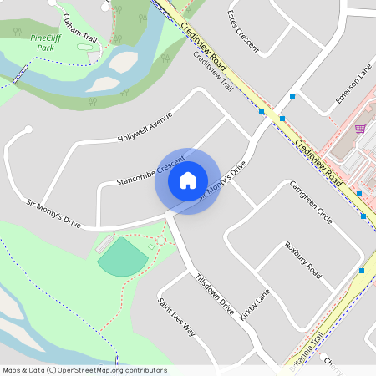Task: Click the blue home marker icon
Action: [188, 180]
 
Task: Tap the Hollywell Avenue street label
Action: [144, 125]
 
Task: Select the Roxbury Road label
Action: [302, 260]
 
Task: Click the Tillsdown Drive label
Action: [214, 293]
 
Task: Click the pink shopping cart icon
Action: [360, 129]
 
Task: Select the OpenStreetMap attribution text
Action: [84, 370]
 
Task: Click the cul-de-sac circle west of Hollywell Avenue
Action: [28, 130]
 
